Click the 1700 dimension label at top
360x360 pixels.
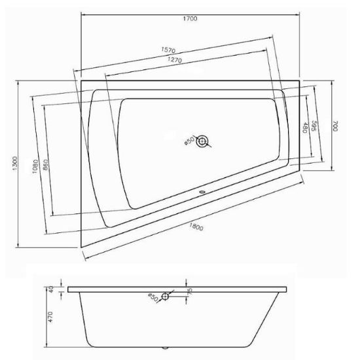tap(190, 18)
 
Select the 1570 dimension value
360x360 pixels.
tap(168, 50)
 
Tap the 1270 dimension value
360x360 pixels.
tap(175, 60)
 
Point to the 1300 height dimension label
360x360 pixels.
tap(15, 164)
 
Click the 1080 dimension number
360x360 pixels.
tap(35, 166)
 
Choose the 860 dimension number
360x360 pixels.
tap(45, 165)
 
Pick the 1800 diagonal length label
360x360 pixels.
tap(196, 227)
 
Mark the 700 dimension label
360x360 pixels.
tap(335, 126)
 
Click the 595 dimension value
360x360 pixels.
tap(314, 126)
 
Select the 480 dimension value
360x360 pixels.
tap(305, 128)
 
